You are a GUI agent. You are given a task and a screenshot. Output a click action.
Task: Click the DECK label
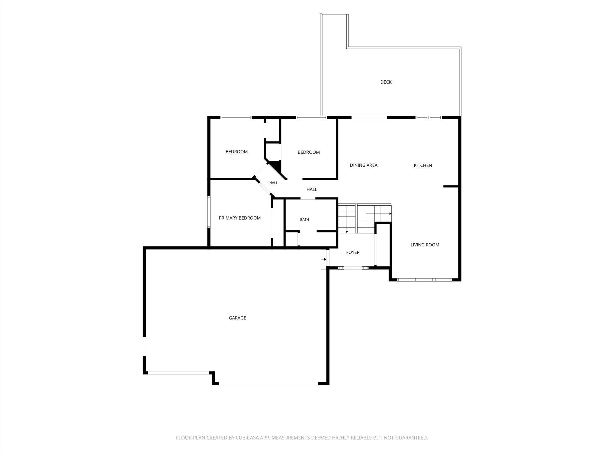(x=386, y=82)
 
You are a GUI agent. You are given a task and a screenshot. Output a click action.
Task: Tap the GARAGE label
(x=237, y=318)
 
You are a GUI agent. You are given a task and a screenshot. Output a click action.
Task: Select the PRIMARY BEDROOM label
(x=240, y=218)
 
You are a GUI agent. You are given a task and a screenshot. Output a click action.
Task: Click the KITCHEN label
(x=423, y=165)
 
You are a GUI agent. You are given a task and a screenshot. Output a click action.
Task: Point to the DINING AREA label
(x=364, y=165)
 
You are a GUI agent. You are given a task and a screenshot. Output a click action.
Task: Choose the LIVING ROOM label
(x=425, y=245)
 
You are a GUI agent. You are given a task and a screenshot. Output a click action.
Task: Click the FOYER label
(x=353, y=252)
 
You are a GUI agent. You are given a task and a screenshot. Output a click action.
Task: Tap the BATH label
(x=304, y=220)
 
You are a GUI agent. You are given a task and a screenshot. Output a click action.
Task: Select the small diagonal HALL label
(x=273, y=183)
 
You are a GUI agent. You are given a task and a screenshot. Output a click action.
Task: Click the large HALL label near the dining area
(x=312, y=189)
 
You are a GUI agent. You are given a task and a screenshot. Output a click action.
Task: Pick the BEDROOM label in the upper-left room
(x=236, y=152)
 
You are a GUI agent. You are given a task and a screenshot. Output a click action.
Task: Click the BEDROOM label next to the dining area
(x=309, y=152)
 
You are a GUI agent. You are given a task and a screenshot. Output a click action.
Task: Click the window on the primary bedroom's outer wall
(x=209, y=212)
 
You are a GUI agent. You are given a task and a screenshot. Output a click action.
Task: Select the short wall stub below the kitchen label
(x=451, y=186)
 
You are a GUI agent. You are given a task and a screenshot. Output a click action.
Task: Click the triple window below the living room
(x=424, y=280)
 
